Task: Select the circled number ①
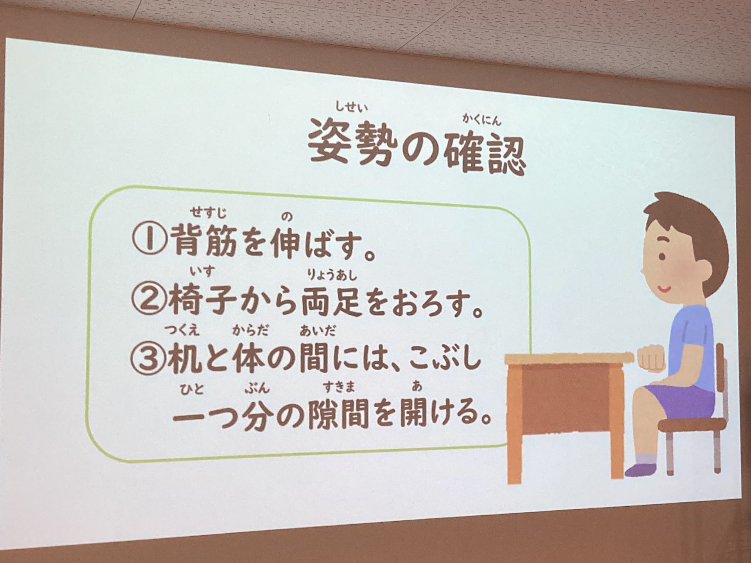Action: click(149, 239)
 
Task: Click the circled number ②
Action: click(147, 299)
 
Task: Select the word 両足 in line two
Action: click(332, 301)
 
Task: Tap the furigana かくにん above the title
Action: click(482, 119)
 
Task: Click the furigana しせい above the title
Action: click(351, 106)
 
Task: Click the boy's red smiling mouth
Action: click(663, 290)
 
